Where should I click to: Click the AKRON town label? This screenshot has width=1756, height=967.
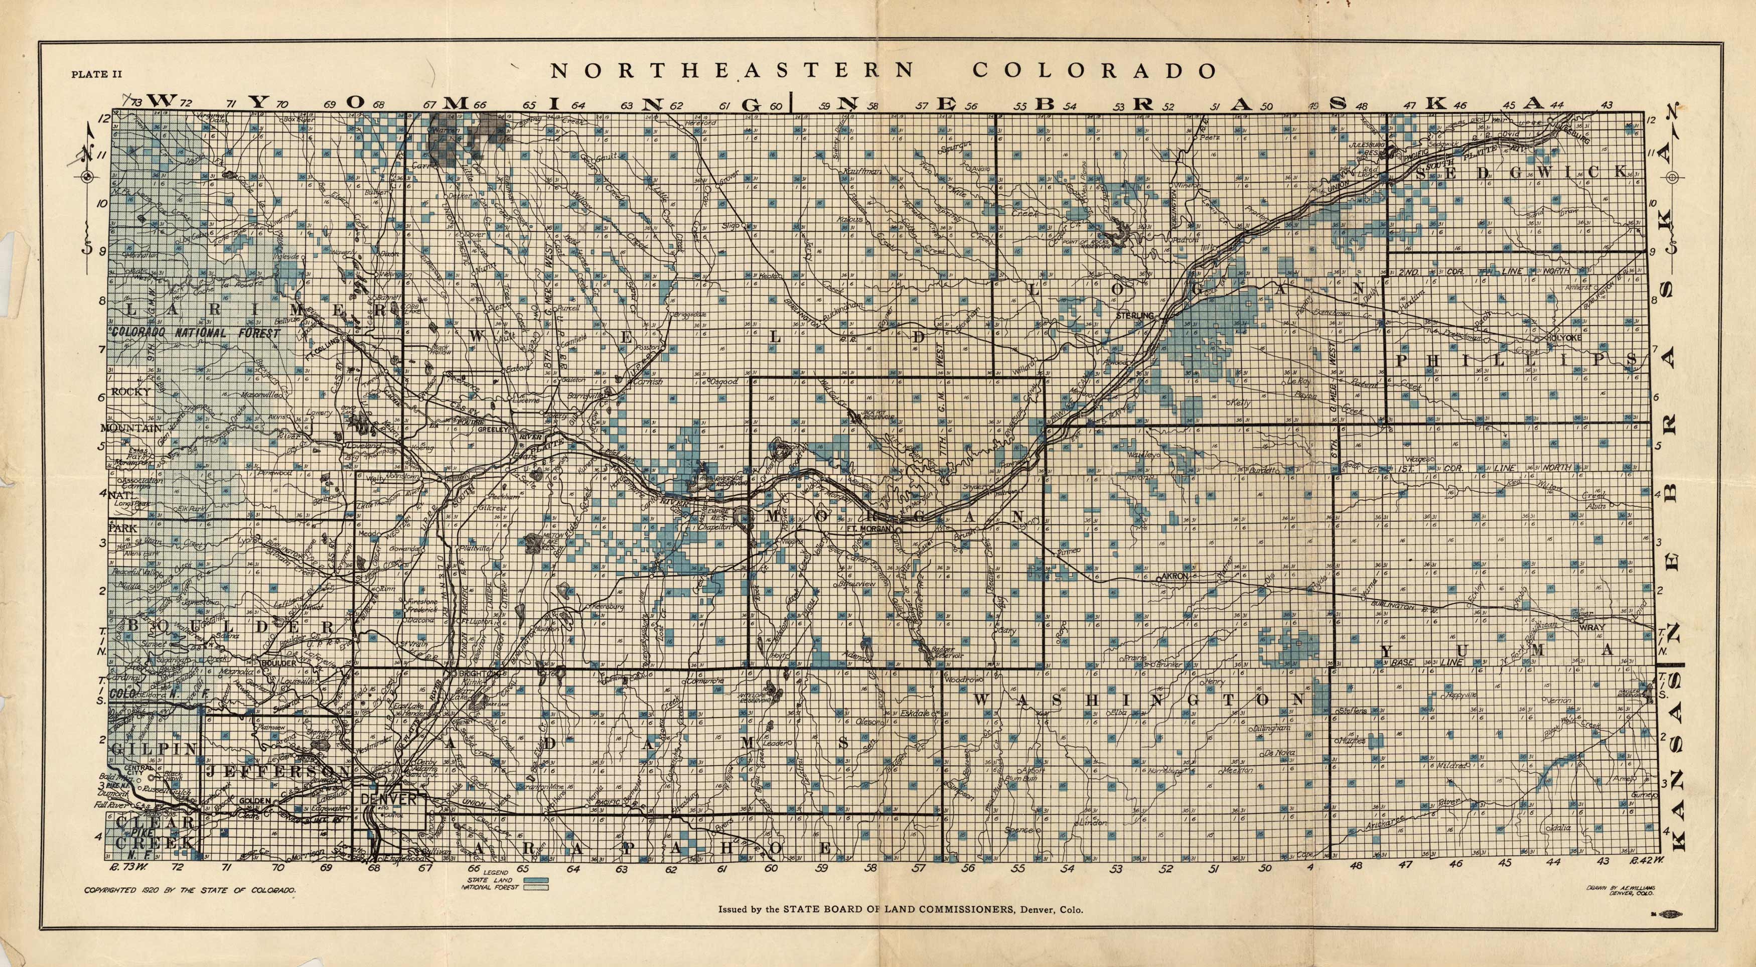point(1174,576)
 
